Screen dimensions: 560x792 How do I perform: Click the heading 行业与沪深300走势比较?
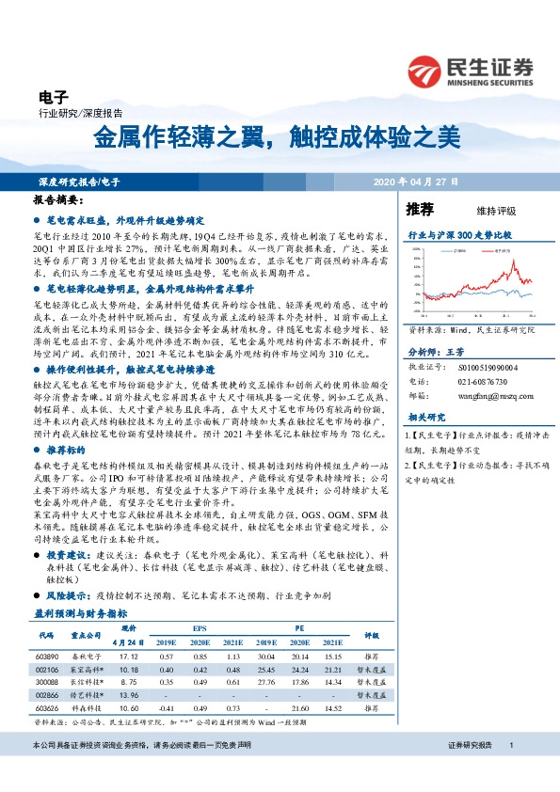pos(458,232)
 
